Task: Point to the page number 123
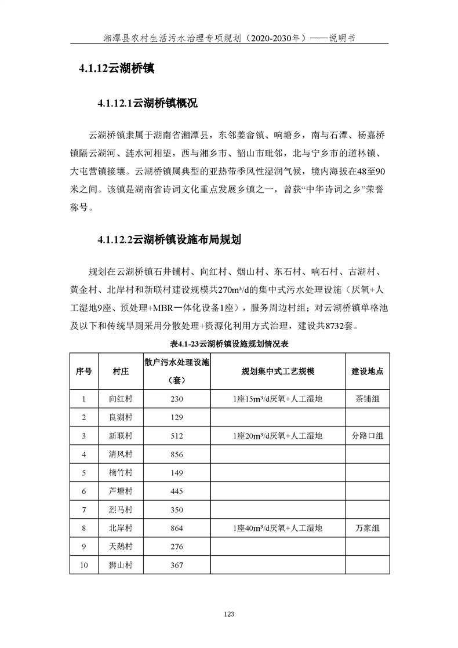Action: [228, 614]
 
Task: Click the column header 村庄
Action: [121, 372]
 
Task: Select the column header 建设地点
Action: [368, 372]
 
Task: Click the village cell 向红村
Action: [121, 399]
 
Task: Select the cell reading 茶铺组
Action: [368, 399]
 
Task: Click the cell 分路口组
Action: [368, 436]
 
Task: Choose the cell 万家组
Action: [368, 529]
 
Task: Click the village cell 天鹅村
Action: [121, 547]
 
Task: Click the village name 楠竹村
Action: [121, 473]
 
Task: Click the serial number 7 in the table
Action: [84, 510]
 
